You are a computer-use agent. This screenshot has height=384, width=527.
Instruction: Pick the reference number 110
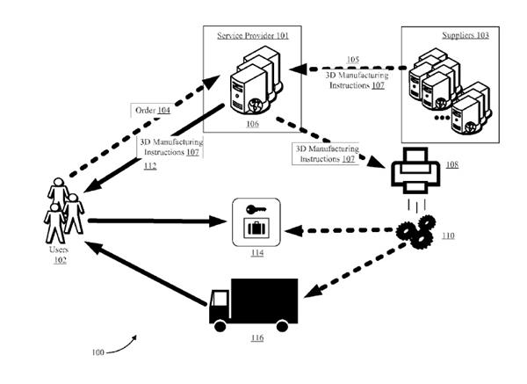pos(448,237)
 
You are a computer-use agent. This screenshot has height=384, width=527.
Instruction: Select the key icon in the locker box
pos(252,210)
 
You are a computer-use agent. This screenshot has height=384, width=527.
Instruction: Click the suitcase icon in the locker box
pos(256,229)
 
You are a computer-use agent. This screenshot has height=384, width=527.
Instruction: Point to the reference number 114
pos(256,255)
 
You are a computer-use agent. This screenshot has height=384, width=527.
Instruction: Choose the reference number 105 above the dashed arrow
pos(352,60)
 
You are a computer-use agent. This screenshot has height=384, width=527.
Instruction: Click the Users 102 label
pos(59,255)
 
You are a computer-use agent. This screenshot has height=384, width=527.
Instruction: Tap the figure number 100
pos(98,352)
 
